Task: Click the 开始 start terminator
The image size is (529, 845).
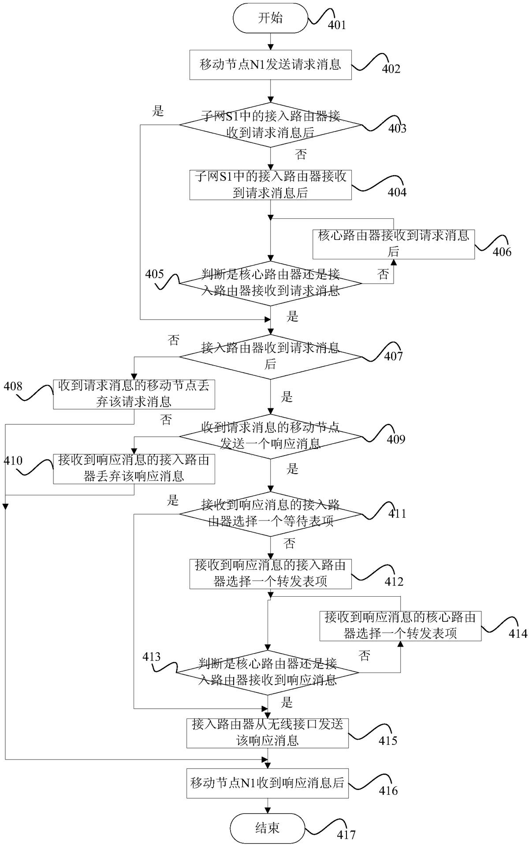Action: [270, 18]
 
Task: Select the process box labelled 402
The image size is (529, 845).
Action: [270, 65]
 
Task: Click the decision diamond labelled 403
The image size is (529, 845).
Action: [270, 125]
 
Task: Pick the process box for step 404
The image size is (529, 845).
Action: [270, 185]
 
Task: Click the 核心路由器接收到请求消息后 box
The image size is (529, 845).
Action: [394, 244]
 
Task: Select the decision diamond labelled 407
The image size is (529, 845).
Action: [270, 356]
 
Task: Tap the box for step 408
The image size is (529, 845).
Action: [134, 394]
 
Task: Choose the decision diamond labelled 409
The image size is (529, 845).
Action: [270, 436]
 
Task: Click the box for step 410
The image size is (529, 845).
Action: [134, 469]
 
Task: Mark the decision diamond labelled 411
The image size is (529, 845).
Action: [270, 514]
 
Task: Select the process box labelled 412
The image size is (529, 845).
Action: [270, 574]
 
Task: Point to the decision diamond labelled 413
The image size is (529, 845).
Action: [267, 673]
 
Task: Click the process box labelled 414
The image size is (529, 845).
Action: [400, 626]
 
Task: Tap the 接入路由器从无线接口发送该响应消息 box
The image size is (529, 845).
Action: [267, 733]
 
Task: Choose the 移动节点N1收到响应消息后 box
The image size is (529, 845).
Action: [267, 783]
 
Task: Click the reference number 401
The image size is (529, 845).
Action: [337, 25]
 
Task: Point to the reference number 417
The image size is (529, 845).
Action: [346, 835]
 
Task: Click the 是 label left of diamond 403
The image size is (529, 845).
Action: [158, 112]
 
